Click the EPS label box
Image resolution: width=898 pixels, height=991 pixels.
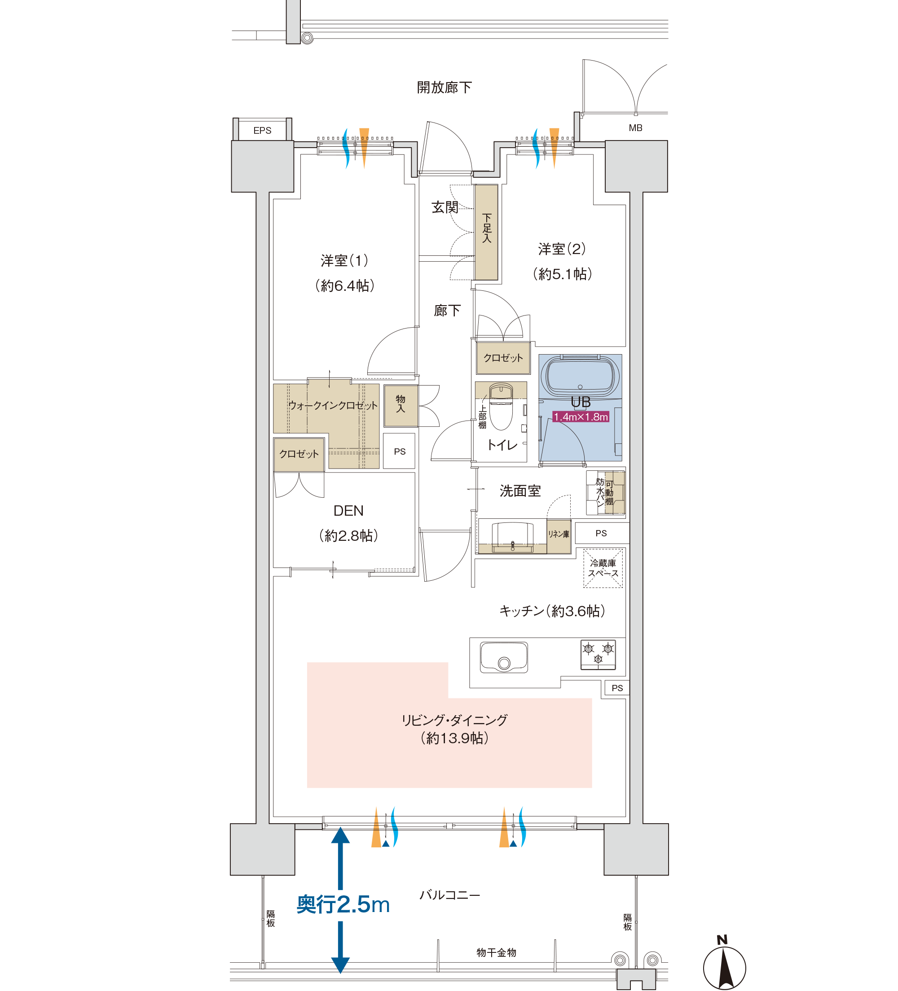pyautogui.click(x=262, y=130)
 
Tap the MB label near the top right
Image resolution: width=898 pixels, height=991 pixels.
pyautogui.click(x=635, y=128)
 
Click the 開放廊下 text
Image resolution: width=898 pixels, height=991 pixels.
pyautogui.click(x=444, y=88)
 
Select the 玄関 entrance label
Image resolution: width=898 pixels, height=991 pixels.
pyautogui.click(x=445, y=207)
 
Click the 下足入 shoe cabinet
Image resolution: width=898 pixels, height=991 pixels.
pyautogui.click(x=486, y=232)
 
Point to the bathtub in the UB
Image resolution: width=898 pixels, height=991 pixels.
pyautogui.click(x=580, y=376)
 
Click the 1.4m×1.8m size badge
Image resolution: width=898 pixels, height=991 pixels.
pyautogui.click(x=581, y=417)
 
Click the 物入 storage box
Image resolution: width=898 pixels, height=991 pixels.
pyautogui.click(x=401, y=406)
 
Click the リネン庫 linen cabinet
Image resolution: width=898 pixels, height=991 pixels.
pyautogui.click(x=559, y=536)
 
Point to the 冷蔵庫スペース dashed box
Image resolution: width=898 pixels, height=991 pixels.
pyautogui.click(x=603, y=568)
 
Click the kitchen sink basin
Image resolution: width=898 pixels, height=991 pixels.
pyautogui.click(x=504, y=657)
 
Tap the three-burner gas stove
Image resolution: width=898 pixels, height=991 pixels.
pyautogui.click(x=598, y=655)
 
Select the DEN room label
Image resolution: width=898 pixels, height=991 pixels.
pyautogui.click(x=349, y=511)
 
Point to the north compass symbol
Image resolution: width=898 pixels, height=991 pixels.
pyautogui.click(x=724, y=964)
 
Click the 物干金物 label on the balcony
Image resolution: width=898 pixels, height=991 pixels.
pyautogui.click(x=496, y=953)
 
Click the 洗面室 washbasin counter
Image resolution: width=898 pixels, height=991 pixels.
pyautogui.click(x=512, y=536)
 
